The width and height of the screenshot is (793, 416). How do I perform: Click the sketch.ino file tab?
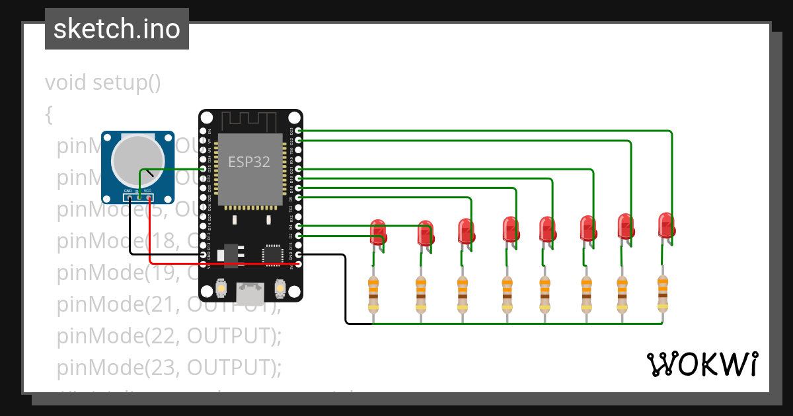coord(116,29)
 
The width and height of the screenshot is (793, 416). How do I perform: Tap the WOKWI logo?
coord(701,364)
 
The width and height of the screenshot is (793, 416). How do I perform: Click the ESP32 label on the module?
coord(249,162)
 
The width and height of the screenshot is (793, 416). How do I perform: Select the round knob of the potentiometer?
coord(137,160)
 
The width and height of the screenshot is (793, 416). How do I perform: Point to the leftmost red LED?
coord(379,232)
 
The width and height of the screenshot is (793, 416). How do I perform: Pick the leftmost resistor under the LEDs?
coord(373,295)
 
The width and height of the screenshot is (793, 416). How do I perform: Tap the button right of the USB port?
coord(280,289)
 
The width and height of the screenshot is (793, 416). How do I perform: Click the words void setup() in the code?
coord(102,83)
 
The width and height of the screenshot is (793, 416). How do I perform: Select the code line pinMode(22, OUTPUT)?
coord(169,335)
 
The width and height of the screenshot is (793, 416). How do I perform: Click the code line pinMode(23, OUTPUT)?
coord(169,366)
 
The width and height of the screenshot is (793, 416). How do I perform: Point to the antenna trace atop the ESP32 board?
coord(248,121)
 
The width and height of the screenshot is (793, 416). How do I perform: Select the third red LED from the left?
coord(466,232)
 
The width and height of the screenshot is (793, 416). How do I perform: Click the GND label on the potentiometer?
coord(128,191)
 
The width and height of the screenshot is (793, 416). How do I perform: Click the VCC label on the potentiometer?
coord(147,191)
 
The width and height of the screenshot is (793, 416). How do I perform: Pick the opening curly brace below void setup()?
coord(49,114)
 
